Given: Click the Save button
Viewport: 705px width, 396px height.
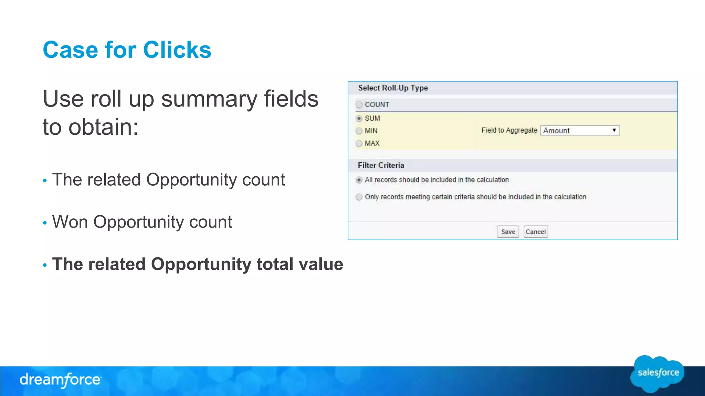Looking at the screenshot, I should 508,232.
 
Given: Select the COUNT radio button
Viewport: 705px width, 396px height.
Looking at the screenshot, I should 359,104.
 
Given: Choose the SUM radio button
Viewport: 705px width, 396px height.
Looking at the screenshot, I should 359,118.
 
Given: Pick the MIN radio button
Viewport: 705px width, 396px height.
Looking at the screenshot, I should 359,131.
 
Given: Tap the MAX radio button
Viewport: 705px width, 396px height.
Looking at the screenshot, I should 359,143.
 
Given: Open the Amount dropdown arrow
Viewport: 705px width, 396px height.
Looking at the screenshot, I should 614,130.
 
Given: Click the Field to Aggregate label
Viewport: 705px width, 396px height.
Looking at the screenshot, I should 509,130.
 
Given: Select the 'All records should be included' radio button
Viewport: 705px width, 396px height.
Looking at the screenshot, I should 359,180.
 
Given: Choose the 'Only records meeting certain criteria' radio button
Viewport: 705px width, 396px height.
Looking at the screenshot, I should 359,197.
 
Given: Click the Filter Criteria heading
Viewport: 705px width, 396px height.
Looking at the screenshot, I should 381,165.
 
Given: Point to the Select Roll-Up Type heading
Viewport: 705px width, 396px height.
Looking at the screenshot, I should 393,88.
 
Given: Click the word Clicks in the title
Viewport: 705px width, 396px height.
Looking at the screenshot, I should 177,50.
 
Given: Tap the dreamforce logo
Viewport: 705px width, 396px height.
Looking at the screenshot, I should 61,380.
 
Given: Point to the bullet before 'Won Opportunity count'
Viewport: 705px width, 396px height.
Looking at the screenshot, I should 45,223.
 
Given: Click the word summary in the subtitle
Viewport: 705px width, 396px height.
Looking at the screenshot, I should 209,99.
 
